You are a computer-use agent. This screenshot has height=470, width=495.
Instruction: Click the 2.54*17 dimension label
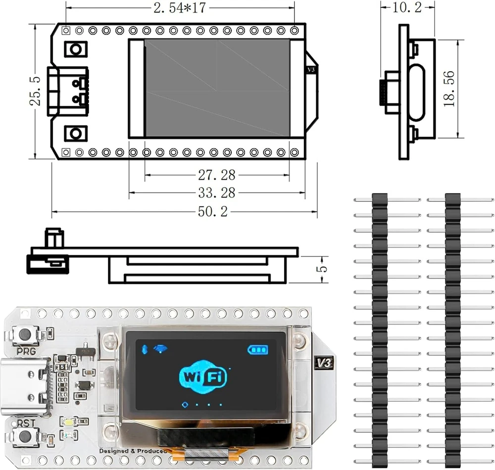181,8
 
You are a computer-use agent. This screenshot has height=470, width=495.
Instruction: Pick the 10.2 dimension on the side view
407,7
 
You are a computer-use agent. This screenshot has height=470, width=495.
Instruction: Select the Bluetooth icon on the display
145,349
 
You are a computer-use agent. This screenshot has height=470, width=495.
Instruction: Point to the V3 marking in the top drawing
311,70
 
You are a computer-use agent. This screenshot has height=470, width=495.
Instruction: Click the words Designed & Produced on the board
133,451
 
